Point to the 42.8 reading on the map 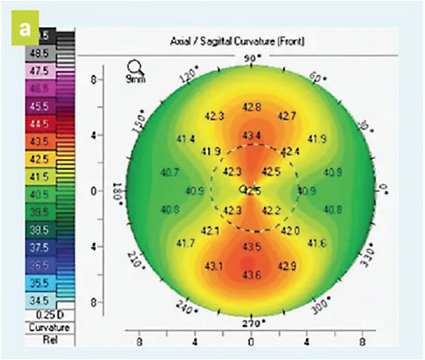pos(251,107)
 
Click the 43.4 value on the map pos(251,135)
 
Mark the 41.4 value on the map pos(185,139)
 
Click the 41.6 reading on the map pos(316,242)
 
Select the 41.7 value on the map pos(185,242)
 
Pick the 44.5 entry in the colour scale pos(40,125)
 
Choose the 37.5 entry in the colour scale pos(40,247)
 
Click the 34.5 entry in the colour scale pos(40,300)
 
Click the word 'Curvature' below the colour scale pos(41,327)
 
